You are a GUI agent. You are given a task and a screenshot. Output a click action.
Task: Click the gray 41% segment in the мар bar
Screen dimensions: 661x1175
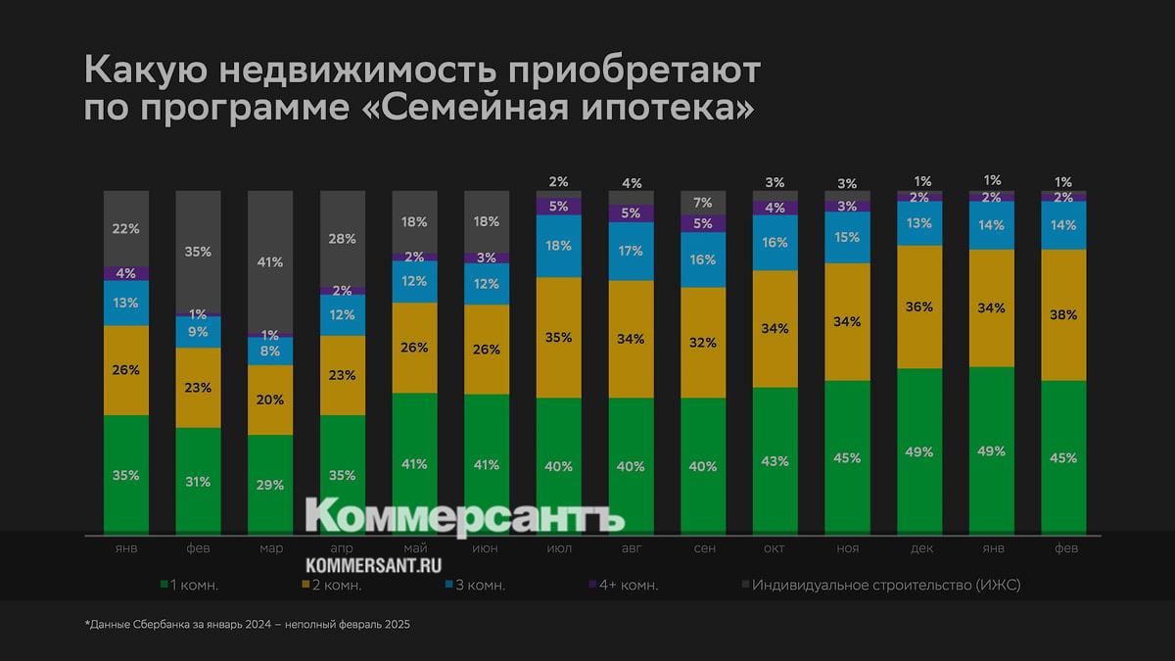click(270, 261)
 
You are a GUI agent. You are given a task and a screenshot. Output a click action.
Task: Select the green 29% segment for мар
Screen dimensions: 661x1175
click(270, 485)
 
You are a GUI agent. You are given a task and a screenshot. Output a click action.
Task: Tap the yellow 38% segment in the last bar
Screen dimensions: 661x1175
click(1063, 315)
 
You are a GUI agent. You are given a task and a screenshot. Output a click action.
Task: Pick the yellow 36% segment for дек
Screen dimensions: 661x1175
click(919, 307)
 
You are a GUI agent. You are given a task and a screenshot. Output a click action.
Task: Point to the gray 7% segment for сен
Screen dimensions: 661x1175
click(703, 203)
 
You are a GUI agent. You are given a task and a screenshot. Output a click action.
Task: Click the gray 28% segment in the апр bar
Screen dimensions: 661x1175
click(343, 239)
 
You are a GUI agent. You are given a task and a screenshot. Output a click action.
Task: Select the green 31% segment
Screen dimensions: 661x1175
click(199, 481)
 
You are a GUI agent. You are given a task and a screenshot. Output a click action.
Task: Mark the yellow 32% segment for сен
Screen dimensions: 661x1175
click(703, 343)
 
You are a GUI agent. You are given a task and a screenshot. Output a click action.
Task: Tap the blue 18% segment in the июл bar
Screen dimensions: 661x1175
click(559, 246)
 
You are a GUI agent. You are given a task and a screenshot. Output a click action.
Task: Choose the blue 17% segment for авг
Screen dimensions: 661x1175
click(632, 252)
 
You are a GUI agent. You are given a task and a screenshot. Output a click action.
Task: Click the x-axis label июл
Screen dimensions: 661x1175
click(559, 548)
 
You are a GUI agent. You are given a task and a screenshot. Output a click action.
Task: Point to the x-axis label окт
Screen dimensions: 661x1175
click(775, 548)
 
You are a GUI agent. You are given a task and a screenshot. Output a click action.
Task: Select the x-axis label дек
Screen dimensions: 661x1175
click(919, 548)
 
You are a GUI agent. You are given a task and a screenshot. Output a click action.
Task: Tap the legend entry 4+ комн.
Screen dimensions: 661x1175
click(623, 586)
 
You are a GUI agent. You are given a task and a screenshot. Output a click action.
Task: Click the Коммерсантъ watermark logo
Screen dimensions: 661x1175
click(465, 517)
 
